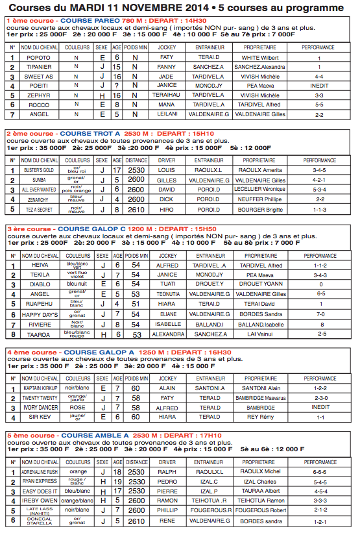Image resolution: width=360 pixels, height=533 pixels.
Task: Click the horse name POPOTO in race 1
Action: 38,58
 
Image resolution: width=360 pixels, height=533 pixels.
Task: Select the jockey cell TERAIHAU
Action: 167,95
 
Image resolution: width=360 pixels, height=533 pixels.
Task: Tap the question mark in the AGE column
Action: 117,85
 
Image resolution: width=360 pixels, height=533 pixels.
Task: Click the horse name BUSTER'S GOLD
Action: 38,170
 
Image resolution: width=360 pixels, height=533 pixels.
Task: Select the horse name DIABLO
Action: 38,284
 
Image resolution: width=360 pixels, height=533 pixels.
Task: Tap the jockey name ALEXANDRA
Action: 167,334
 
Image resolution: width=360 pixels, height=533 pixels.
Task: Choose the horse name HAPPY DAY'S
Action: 38,314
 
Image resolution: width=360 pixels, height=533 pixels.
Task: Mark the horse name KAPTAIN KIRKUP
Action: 38,388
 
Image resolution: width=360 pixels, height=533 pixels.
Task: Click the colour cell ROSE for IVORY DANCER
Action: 78,408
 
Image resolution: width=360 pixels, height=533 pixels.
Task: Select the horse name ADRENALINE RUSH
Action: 38,471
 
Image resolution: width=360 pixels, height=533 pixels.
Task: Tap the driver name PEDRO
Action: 167,482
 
